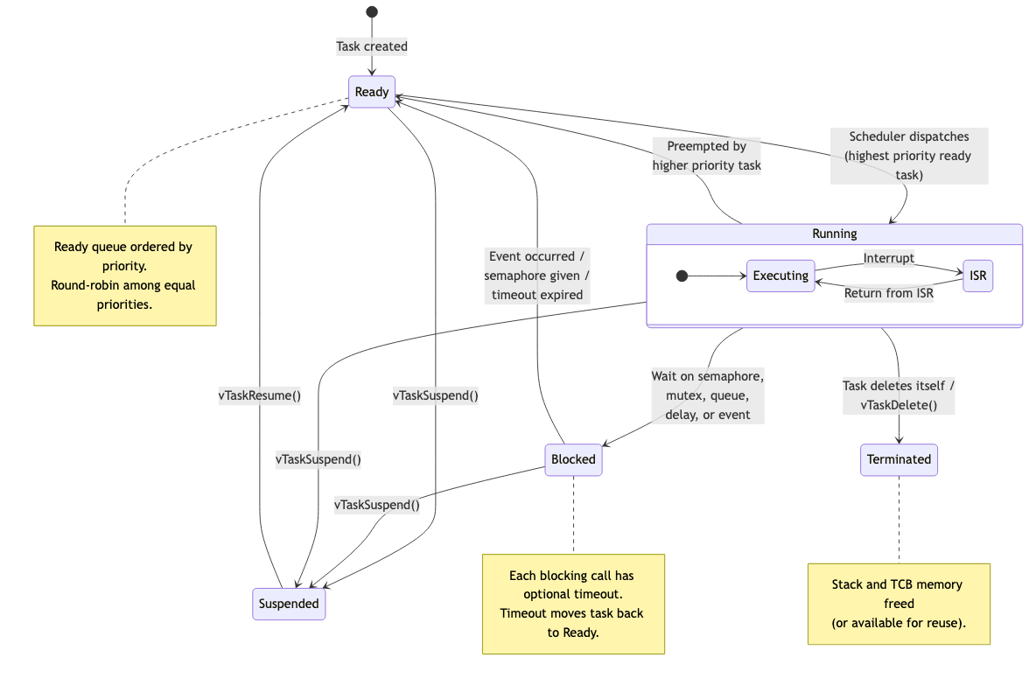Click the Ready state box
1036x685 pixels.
(x=372, y=92)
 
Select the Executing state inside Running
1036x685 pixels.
(x=780, y=276)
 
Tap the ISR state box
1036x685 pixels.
(x=977, y=276)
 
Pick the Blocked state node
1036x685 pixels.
(x=573, y=459)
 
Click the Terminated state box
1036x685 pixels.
(x=899, y=459)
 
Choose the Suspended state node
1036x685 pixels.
(x=289, y=604)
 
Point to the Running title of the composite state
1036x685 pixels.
(x=834, y=234)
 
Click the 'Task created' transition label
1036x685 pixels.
(x=372, y=46)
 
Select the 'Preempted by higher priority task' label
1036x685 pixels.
(x=707, y=156)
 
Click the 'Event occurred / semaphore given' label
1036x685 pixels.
(x=537, y=275)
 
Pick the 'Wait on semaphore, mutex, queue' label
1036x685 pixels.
(x=707, y=395)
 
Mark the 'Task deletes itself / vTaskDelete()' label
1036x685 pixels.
(x=899, y=395)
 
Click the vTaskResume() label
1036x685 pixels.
(x=259, y=395)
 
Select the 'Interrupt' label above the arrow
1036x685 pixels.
(x=888, y=258)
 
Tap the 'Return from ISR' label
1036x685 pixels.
(x=888, y=293)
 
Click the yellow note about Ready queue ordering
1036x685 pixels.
(x=125, y=276)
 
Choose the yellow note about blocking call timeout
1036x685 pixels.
(x=573, y=604)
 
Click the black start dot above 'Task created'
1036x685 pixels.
(x=372, y=12)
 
